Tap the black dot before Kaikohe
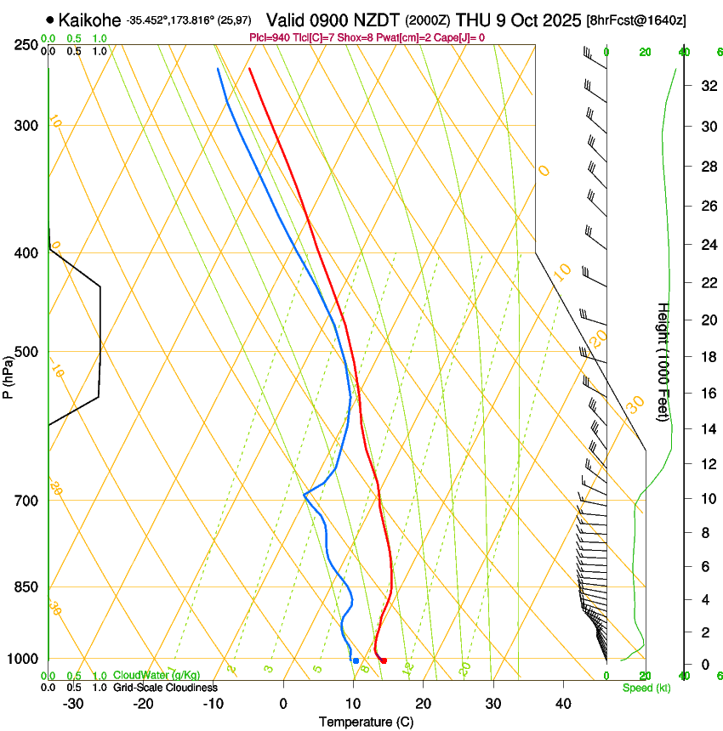click(x=51, y=19)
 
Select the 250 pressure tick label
click(x=26, y=45)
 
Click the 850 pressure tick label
click(x=26, y=587)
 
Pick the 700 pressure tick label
click(x=26, y=501)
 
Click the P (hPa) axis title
click(x=8, y=372)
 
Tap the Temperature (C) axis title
click(x=366, y=722)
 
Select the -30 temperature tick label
click(x=73, y=704)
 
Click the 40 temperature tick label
click(x=562, y=704)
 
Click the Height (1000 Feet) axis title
click(x=663, y=362)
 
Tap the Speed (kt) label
click(x=646, y=688)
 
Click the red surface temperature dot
click(x=384, y=660)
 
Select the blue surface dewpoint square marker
click(x=356, y=660)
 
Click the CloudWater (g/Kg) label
click(x=157, y=676)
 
